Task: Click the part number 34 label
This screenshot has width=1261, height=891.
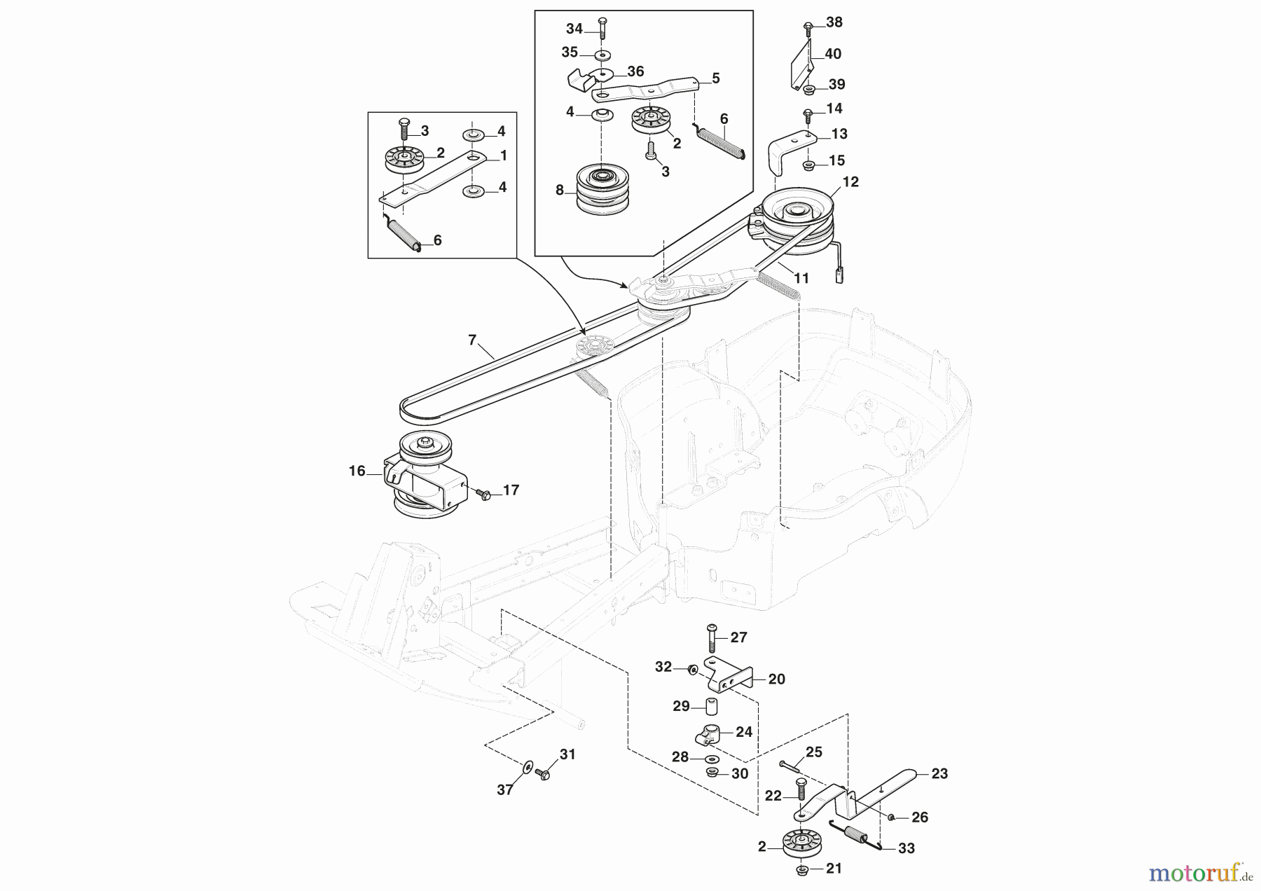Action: (x=574, y=29)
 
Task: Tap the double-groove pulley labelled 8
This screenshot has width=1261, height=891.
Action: (x=602, y=190)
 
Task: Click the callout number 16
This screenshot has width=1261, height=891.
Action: (x=357, y=471)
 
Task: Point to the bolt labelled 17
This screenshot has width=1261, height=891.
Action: (x=483, y=494)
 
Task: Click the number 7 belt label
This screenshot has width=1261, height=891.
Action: (x=472, y=340)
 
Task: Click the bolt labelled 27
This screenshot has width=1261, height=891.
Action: (x=712, y=637)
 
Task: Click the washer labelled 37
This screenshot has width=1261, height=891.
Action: (x=526, y=766)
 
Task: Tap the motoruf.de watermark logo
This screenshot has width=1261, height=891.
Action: (x=1200, y=873)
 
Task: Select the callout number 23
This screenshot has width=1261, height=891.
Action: (x=939, y=773)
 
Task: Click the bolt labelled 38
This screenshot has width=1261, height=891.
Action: (x=808, y=28)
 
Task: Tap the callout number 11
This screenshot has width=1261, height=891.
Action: (x=801, y=278)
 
